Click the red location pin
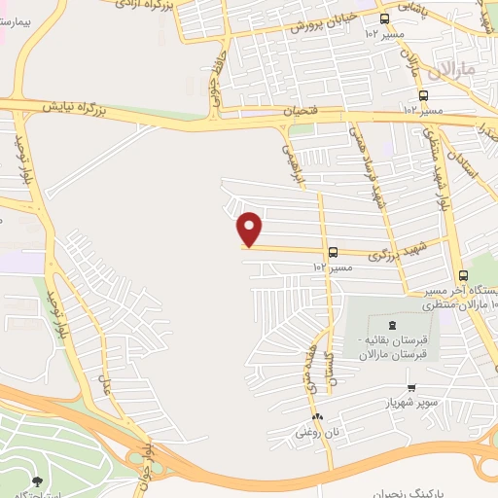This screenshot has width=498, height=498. (250, 229)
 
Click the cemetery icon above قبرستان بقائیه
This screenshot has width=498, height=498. (392, 325)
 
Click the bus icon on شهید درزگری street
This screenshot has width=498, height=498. (333, 251)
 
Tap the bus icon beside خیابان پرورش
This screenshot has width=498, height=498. (384, 18)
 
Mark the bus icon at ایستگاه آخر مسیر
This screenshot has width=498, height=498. (463, 275)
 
